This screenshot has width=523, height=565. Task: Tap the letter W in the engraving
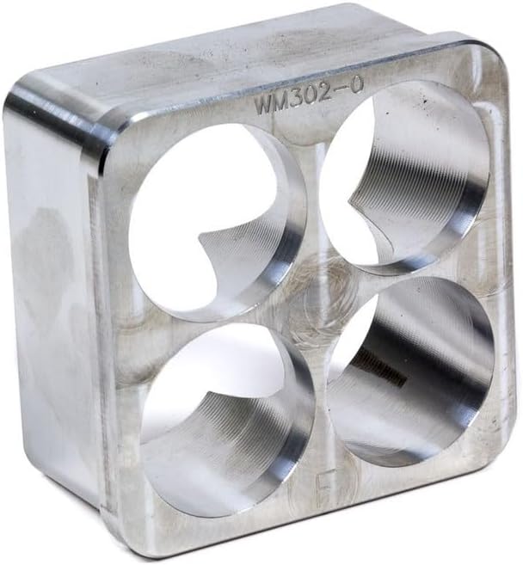tap(261, 106)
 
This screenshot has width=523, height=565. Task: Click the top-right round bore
tap(404, 176)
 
